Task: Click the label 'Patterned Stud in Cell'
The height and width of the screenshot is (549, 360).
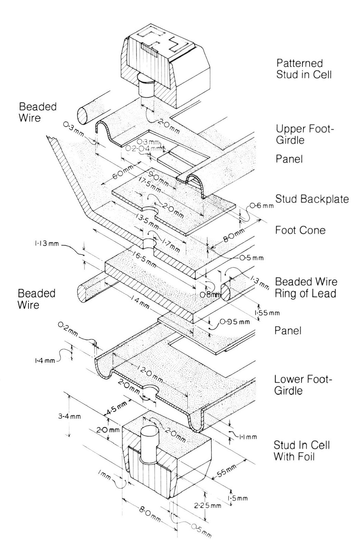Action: (304, 69)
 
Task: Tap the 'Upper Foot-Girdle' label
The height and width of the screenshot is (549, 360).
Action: (305, 134)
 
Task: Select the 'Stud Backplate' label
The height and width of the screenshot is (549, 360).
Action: (312, 199)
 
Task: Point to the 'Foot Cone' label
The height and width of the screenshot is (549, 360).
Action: (300, 230)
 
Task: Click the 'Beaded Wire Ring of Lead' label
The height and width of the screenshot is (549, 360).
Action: (306, 287)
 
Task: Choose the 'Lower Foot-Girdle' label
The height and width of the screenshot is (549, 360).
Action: (303, 385)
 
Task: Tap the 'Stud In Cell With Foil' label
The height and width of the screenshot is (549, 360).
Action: (302, 451)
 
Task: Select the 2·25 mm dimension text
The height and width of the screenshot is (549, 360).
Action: (208, 506)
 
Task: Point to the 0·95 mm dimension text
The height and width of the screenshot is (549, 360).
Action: (235, 321)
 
